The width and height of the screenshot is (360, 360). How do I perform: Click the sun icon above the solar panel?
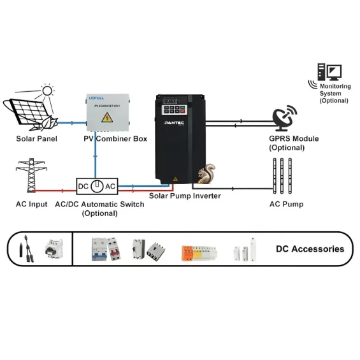[x=47, y=90]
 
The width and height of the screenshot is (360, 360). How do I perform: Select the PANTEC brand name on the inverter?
[x=175, y=121]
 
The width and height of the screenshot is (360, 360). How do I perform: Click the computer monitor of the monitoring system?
[x=333, y=71]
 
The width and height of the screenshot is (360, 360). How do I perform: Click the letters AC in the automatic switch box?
[x=110, y=186]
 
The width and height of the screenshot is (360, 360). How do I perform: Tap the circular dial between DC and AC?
[x=97, y=186]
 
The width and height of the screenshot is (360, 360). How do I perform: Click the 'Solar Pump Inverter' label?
[x=185, y=196]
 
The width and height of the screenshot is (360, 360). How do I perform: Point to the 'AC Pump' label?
[x=286, y=205]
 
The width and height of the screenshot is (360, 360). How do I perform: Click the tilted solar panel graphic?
[x=29, y=112]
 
